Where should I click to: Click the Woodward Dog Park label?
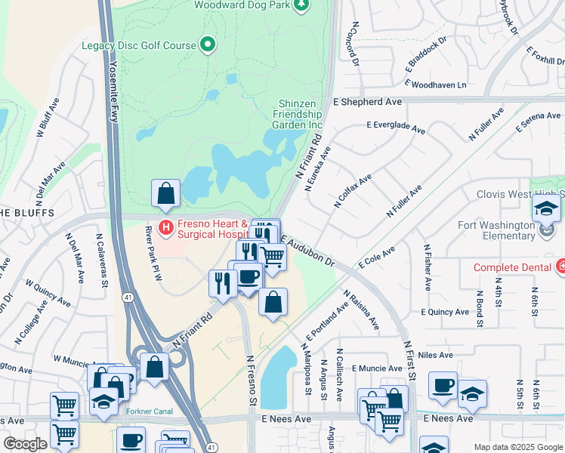[242, 5]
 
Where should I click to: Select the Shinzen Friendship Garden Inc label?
[297, 114]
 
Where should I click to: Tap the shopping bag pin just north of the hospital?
[165, 194]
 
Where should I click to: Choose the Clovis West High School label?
[520, 193]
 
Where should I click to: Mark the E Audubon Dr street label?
[307, 250]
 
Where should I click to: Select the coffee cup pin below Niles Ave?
[443, 386]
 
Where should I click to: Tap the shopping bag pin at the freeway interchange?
[154, 368]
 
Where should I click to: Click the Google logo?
[25, 444]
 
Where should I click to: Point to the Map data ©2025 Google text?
[518, 447]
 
